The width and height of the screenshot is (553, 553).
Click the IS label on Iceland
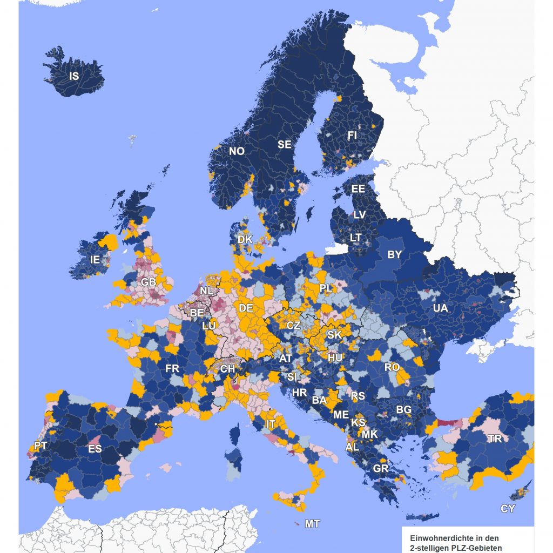pos(74,76)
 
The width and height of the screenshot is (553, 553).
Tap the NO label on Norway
pos(237,151)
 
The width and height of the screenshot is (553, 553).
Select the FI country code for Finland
pos(352,136)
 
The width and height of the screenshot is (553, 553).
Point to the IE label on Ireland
pos(95,259)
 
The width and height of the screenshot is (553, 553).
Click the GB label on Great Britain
pos(148,282)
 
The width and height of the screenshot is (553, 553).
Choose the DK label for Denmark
pos(245,239)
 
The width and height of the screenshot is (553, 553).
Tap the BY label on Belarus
pos(395,254)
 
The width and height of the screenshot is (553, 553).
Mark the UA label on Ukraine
pos(440,308)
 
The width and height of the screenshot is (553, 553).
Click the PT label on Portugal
pos(40,446)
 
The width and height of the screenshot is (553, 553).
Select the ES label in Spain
pos(95,449)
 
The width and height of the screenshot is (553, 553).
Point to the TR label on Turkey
pos(494,439)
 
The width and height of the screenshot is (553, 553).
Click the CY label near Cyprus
pos(508,509)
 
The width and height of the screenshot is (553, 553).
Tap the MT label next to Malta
pos(312,523)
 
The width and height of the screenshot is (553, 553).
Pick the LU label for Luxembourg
pos(208,326)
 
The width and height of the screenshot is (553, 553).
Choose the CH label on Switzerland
pos(227,369)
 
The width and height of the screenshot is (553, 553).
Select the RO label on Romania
pos(392,367)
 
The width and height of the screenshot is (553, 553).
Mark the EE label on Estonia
pos(358,189)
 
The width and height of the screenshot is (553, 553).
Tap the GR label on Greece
pos(381,468)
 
